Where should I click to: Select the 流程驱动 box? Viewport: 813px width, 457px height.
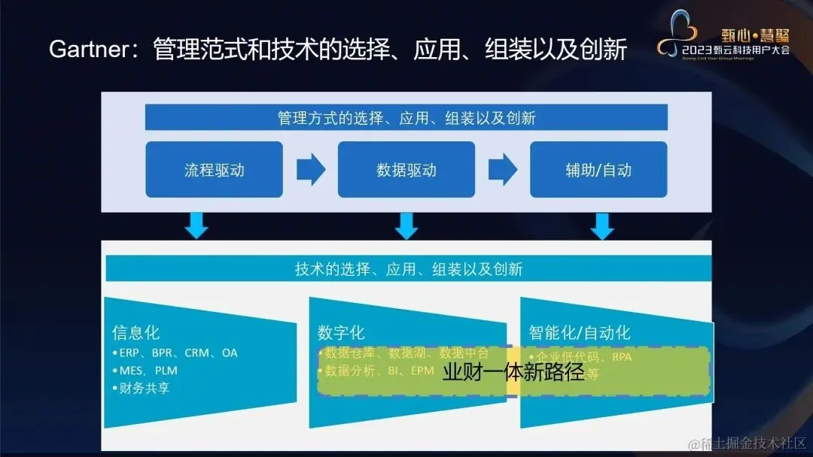pos(215,170)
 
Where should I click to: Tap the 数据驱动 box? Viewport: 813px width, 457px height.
pos(406,170)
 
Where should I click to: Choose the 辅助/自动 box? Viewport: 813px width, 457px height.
pos(598,170)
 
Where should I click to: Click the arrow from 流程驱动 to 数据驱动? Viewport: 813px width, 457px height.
pos(310,170)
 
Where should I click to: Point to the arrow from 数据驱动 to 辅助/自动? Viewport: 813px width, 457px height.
pos(502,170)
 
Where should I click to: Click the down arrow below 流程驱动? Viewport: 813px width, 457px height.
pos(196,225)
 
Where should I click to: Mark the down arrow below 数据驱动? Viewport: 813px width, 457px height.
pos(406,225)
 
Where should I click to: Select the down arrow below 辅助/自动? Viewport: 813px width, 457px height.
pos(601,225)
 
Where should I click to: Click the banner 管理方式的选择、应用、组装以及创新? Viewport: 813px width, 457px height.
pos(406,118)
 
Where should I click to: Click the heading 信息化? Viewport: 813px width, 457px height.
pos(135,333)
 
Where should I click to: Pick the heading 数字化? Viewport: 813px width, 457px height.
pos(341,333)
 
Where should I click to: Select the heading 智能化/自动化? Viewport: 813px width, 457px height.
pos(580,333)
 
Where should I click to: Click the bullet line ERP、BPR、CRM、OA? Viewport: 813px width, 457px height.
pos(178,353)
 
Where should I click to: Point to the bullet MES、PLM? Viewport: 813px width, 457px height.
pos(148,371)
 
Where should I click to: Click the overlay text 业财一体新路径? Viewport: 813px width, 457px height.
pos(513,372)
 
